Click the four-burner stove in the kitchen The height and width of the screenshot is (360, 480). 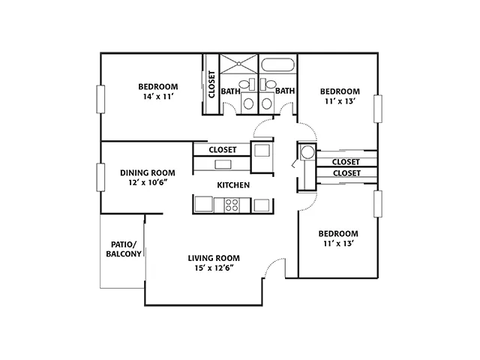[232, 205]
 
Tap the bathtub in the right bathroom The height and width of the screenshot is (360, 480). [278, 65]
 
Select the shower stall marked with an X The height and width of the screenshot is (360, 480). [238, 64]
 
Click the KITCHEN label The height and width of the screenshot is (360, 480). [233, 185]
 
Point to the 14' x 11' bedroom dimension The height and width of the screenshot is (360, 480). [158, 97]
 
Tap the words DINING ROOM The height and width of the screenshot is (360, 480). [148, 173]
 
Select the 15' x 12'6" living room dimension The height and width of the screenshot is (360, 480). [214, 268]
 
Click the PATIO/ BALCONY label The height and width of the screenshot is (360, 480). [124, 249]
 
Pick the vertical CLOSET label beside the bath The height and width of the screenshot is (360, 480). [211, 85]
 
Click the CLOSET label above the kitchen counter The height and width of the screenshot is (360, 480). [223, 150]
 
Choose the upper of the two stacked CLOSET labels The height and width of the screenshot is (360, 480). [346, 162]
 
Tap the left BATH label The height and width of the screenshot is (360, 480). [230, 91]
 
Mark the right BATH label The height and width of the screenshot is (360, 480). [285, 91]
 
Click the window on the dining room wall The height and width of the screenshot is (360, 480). [100, 178]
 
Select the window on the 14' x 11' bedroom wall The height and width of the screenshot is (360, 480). [100, 99]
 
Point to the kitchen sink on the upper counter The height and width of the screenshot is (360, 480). [223, 164]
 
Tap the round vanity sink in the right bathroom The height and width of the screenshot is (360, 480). [267, 104]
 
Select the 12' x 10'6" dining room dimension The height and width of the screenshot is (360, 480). [148, 183]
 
